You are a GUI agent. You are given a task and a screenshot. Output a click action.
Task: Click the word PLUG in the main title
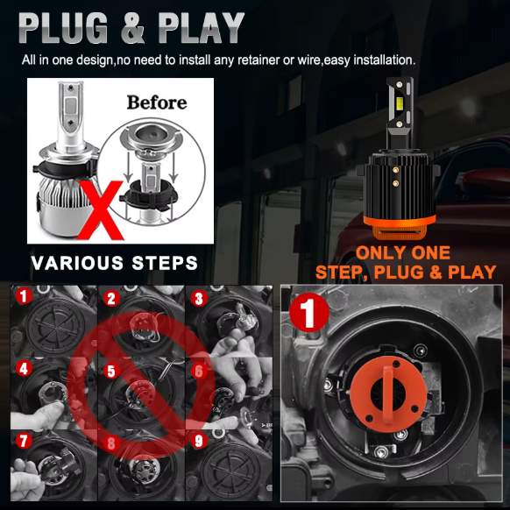click(63, 28)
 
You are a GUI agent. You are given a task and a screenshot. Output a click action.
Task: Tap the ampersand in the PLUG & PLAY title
click(132, 28)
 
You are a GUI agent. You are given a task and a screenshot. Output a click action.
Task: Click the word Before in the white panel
click(157, 103)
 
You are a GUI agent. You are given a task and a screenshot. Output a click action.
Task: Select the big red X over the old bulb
click(101, 210)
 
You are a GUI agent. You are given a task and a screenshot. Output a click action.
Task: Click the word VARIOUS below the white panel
click(77, 263)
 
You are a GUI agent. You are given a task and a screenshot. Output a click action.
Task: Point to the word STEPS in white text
click(165, 263)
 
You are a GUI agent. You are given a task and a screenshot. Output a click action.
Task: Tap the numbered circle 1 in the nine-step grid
click(24, 296)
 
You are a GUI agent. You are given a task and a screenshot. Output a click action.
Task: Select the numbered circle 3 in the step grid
click(199, 299)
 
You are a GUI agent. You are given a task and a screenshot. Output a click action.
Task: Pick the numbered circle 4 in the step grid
click(24, 369)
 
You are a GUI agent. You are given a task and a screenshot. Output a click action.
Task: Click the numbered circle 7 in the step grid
click(24, 441)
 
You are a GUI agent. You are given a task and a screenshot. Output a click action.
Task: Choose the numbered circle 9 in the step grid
click(199, 441)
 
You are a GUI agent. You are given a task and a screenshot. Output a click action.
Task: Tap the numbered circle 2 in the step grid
click(111, 299)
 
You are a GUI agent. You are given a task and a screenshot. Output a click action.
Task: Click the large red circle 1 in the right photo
click(308, 313)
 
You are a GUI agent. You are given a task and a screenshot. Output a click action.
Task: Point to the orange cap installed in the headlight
click(388, 393)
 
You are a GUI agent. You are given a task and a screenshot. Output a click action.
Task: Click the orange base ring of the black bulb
click(399, 226)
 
